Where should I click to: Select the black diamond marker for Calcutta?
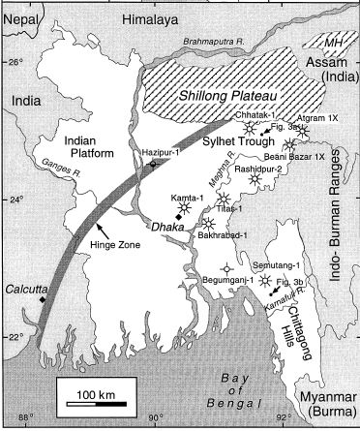42,301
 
